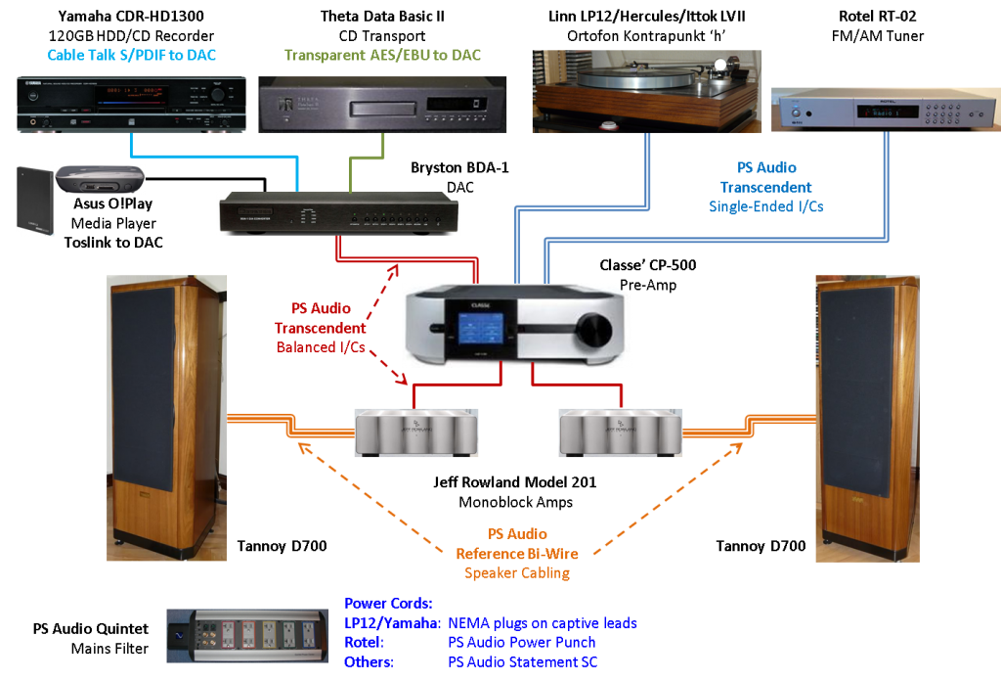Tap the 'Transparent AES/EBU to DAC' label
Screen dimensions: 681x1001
tap(382, 56)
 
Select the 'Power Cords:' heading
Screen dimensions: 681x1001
tap(388, 603)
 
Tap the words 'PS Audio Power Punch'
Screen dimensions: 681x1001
tap(521, 643)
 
